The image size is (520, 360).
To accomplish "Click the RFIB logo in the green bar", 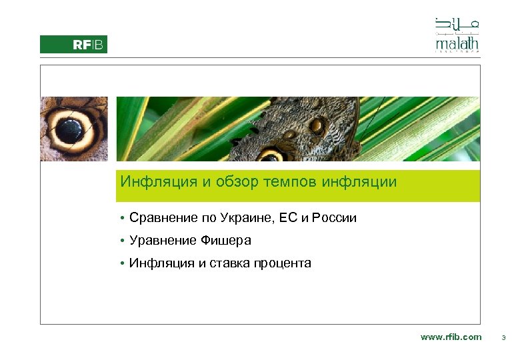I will [x=89, y=45].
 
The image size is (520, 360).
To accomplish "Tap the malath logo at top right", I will [x=457, y=35].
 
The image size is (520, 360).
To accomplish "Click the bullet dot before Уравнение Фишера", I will [x=123, y=241].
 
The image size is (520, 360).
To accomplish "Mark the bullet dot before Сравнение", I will [x=123, y=219].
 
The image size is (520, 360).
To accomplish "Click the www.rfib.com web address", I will [x=451, y=337].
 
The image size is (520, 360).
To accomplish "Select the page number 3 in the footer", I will [x=503, y=338].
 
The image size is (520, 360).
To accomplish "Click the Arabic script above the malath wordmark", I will [x=457, y=24].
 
